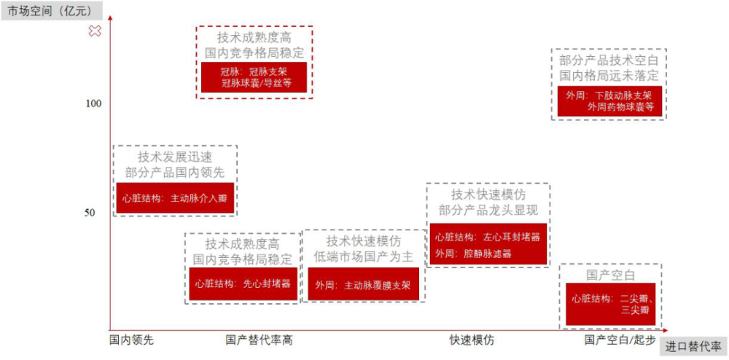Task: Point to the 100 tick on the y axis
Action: pos(94,103)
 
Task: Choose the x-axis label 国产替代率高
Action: pos(260,340)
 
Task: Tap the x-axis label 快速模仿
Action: pos(472,340)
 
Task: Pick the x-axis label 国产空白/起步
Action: pos(620,340)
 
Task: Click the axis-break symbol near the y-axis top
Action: pos(95,31)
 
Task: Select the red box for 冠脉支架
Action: pos(254,77)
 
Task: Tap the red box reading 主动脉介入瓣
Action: pos(175,197)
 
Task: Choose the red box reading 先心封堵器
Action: pos(243,283)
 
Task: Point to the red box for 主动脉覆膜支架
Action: pos(363,284)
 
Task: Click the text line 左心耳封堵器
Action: pos(488,237)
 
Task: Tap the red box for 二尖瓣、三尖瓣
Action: pos(611,304)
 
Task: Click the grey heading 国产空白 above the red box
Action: pos(610,275)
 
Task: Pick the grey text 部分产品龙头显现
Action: pos(488,210)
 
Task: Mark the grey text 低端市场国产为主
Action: pos(363,257)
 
